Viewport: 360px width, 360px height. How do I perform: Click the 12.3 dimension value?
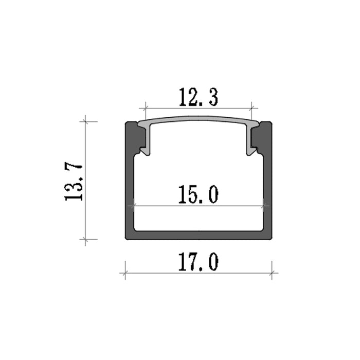point(199,97)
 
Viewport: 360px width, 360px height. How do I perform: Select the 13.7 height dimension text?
point(74,183)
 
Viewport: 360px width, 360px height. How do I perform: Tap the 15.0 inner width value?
point(199,194)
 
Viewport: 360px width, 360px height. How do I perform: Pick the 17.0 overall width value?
point(199,261)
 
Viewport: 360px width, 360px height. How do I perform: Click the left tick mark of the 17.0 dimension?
point(125,273)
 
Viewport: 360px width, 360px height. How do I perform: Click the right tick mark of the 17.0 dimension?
point(272,273)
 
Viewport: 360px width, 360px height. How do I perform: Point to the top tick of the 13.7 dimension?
point(85,121)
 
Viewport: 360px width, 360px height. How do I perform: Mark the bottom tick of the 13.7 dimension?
point(85,239)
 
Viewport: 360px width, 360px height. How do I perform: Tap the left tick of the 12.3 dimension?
point(146,108)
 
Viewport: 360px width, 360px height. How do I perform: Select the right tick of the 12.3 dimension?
point(251,108)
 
